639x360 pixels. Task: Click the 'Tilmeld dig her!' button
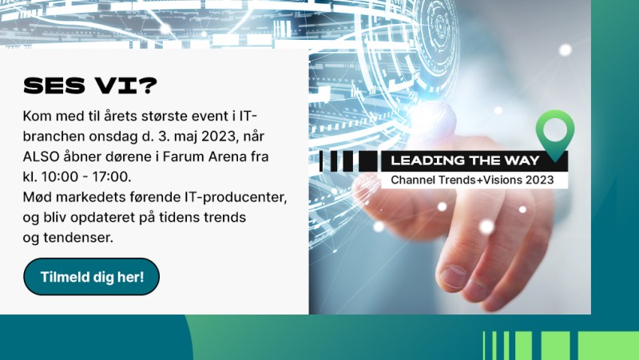pyautogui.click(x=91, y=276)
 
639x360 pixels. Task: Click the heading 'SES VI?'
pyautogui.click(x=90, y=85)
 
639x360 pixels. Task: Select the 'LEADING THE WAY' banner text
pyautogui.click(x=465, y=160)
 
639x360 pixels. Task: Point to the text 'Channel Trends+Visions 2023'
pyautogui.click(x=472, y=180)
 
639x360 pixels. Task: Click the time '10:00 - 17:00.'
pyautogui.click(x=86, y=176)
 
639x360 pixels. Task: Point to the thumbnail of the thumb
pyautogui.click(x=454, y=276)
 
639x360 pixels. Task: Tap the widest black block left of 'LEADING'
pyautogui.click(x=368, y=161)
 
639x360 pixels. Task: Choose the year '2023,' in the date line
pyautogui.click(x=220, y=136)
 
